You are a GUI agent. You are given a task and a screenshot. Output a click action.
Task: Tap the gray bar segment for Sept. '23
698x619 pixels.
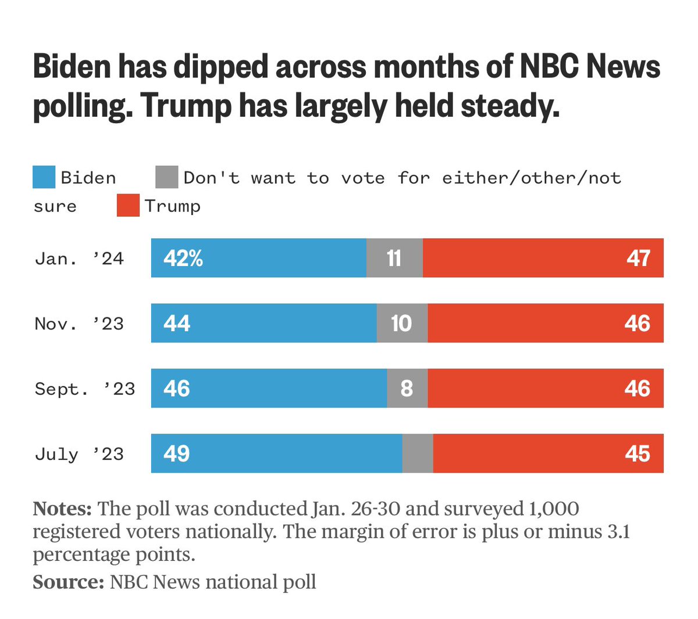407,388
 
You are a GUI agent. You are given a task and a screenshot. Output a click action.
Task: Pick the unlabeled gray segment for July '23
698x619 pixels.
418,453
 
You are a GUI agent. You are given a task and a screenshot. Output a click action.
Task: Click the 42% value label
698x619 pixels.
183,258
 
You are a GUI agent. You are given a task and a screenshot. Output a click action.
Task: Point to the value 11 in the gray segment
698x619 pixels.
394,258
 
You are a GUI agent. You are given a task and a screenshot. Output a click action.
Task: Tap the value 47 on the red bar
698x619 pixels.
638,258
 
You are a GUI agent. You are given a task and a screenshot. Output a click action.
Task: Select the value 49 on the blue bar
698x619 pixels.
177,453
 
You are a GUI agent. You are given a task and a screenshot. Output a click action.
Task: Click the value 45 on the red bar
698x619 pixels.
638,453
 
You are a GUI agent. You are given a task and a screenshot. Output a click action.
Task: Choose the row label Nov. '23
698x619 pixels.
79,323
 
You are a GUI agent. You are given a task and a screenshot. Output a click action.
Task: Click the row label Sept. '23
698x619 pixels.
85,388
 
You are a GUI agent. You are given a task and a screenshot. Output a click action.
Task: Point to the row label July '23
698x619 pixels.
79,453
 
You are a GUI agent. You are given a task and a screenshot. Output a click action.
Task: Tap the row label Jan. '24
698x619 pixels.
79,258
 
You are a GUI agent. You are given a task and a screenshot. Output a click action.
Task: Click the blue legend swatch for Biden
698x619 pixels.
44,177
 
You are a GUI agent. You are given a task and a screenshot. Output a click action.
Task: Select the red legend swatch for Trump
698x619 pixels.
128,206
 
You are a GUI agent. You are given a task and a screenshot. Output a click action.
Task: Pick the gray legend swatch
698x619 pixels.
167,177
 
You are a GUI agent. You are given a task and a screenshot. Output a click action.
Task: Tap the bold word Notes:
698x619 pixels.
62,509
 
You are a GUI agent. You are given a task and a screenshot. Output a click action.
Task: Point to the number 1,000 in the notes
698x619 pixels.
554,509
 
